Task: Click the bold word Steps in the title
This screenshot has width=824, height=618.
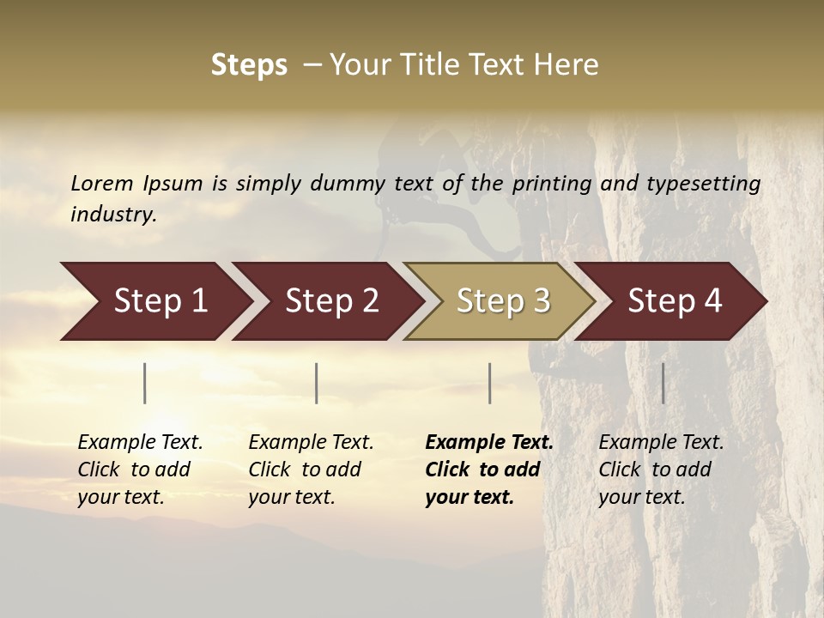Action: click(249, 65)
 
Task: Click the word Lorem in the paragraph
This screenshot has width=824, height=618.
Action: click(101, 183)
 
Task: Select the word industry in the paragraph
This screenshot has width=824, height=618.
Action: click(113, 214)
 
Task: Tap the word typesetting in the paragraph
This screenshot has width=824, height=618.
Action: click(703, 183)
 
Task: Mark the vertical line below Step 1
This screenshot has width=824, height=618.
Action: click(145, 383)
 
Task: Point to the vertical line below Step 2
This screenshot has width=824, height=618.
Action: click(317, 383)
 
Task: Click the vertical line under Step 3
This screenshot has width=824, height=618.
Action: click(490, 383)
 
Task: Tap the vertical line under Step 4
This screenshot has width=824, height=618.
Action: click(663, 383)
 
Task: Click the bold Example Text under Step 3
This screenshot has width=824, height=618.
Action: click(489, 443)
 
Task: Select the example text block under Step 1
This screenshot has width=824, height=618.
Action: click(140, 470)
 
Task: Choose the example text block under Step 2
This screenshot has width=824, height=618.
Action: click(311, 470)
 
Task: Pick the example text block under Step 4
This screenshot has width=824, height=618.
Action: click(661, 470)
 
